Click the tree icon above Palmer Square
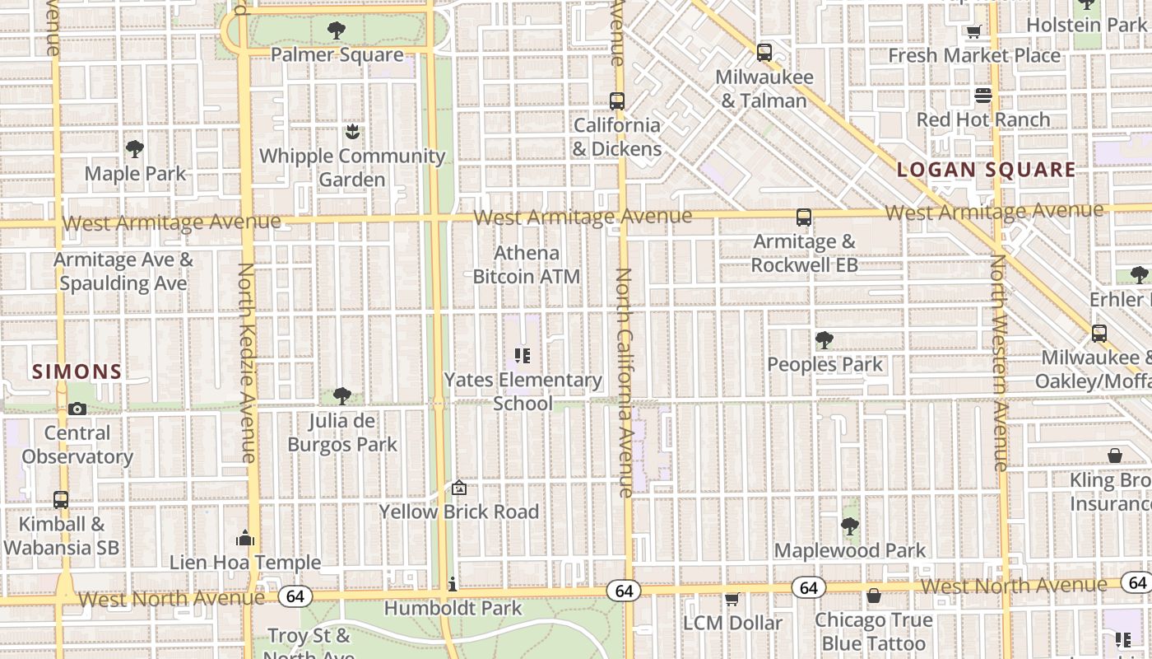tap(336, 31)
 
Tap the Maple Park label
tap(136, 174)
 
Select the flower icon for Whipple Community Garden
tap(352, 132)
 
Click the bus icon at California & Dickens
tap(617, 101)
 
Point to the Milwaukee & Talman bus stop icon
tap(764, 53)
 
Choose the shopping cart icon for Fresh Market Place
tap(974, 31)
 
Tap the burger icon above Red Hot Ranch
tap(983, 96)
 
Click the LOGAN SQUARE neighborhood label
tap(986, 171)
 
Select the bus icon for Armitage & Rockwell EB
tap(804, 217)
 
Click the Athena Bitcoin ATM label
tap(527, 264)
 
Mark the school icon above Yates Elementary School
tap(523, 356)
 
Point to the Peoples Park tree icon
tap(824, 340)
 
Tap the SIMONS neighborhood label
tap(77, 372)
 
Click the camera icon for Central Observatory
tap(77, 409)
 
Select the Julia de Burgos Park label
tap(342, 432)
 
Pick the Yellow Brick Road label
tap(459, 512)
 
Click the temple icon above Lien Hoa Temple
tap(245, 539)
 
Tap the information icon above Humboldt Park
tap(453, 584)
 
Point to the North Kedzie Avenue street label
tap(248, 362)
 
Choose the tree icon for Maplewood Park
tap(850, 526)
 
